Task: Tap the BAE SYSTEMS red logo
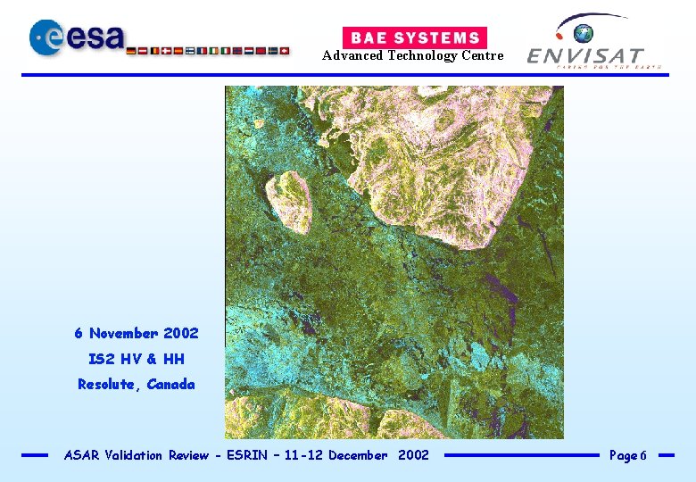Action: [x=415, y=37]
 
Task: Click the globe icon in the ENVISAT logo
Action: [x=584, y=34]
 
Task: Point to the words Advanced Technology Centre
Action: [x=412, y=56]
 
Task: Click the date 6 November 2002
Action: [x=137, y=333]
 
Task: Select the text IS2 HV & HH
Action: [x=137, y=359]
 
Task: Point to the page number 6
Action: [x=643, y=456]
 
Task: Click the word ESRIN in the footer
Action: [x=239, y=455]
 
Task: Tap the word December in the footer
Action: [x=358, y=455]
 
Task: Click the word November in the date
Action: [x=124, y=333]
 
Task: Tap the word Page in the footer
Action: [x=623, y=455]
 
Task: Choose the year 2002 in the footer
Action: [x=413, y=455]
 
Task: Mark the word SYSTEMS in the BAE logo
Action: [x=438, y=37]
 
